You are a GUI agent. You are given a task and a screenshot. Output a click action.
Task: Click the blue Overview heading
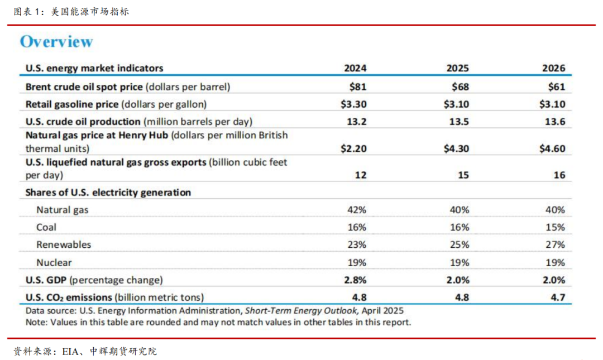pos(56,42)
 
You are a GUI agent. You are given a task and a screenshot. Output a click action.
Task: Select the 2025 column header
pos(457,69)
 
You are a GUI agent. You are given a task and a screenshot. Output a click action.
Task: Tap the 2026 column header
pos(553,69)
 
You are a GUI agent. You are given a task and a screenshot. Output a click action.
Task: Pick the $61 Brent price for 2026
pos(556,87)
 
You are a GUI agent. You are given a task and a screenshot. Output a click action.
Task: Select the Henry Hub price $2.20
pos(354,148)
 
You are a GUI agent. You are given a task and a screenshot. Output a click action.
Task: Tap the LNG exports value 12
pos(361,175)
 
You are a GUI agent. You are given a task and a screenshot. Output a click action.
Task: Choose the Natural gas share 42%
pos(357,210)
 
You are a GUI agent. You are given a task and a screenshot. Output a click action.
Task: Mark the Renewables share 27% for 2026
pos(556,244)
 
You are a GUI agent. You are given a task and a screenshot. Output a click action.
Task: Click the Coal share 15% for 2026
pos(556,227)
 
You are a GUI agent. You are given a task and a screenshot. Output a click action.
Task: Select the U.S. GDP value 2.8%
pos(355,280)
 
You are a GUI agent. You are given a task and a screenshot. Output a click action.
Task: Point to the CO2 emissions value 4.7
pos(558,297)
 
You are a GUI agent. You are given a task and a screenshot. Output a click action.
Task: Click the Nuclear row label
pos(54,262)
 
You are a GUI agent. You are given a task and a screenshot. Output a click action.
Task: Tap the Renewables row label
pos(64,244)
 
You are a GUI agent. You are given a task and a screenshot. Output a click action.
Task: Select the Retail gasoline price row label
pos(72,104)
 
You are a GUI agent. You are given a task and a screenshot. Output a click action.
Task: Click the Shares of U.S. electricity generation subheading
pos(108,193)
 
